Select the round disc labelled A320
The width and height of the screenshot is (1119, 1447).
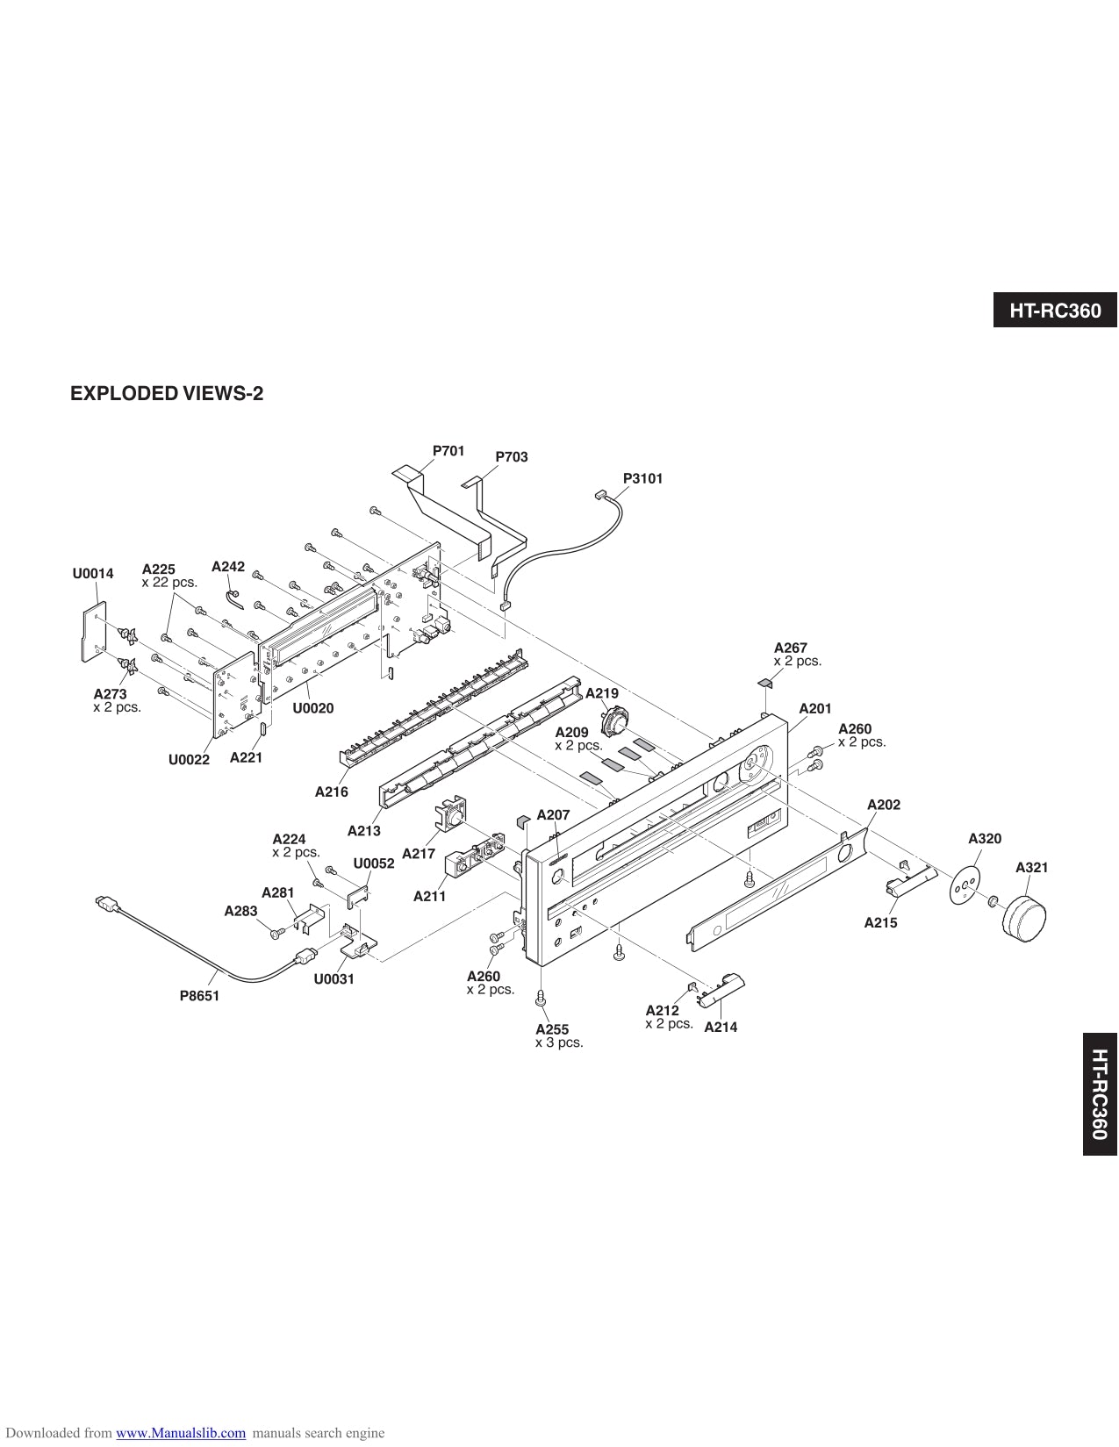tap(964, 886)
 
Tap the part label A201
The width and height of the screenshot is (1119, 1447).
tap(814, 708)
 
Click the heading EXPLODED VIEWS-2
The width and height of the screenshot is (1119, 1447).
tap(167, 393)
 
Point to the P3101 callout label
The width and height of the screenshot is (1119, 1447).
tap(642, 478)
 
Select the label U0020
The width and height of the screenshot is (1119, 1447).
tap(313, 708)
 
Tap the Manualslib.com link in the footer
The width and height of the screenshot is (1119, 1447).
tap(181, 1433)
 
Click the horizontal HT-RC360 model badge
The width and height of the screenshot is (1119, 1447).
tap(1055, 310)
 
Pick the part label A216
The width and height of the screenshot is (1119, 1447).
tap(332, 792)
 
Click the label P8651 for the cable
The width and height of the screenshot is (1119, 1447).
tap(199, 995)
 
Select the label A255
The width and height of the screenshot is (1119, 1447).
tap(552, 1029)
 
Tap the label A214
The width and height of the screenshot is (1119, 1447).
tap(721, 1027)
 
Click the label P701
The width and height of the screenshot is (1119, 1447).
tap(448, 451)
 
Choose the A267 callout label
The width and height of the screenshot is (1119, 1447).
tap(790, 648)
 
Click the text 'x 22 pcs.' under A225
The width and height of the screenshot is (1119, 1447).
tap(169, 582)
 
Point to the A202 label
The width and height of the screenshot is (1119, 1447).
tap(883, 805)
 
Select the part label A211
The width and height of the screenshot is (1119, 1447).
tap(430, 896)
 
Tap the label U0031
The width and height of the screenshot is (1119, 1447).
tap(334, 978)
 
